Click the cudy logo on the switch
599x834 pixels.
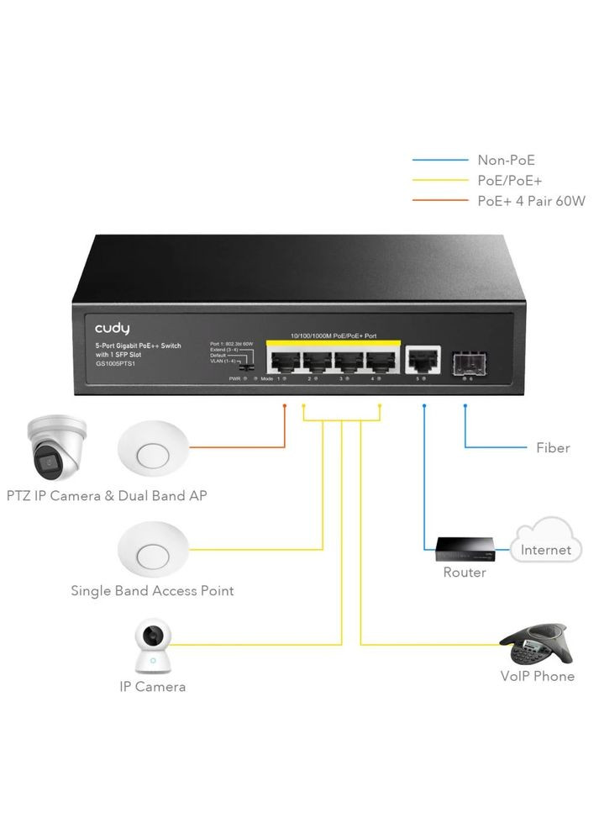click(x=112, y=328)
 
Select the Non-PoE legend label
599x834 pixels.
click(x=506, y=160)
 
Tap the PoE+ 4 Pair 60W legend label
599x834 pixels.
click(x=530, y=201)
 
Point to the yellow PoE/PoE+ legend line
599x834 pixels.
click(x=441, y=180)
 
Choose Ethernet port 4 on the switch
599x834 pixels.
click(x=380, y=361)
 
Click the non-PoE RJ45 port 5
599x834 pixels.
click(x=422, y=360)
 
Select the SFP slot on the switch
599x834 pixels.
click(x=467, y=361)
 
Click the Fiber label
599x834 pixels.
click(x=553, y=448)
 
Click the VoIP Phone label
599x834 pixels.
click(x=537, y=676)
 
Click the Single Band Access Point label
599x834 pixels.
click(x=152, y=591)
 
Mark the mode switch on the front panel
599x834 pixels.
click(x=246, y=367)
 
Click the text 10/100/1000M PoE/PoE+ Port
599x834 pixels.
click(x=332, y=335)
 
